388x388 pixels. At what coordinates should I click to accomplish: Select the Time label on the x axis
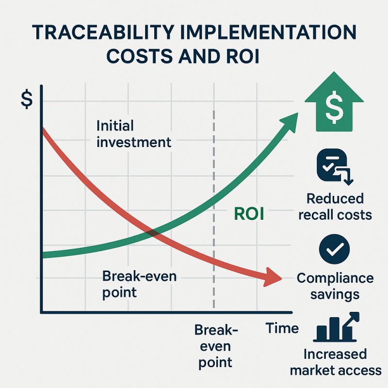(x=282, y=328)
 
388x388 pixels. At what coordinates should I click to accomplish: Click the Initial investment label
(x=133, y=134)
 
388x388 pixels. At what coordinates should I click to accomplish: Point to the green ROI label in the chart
(x=249, y=214)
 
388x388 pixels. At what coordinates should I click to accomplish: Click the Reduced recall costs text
(x=335, y=206)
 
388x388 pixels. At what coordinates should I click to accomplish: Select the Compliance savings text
(x=335, y=286)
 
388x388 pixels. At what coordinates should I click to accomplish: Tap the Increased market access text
(x=335, y=362)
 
